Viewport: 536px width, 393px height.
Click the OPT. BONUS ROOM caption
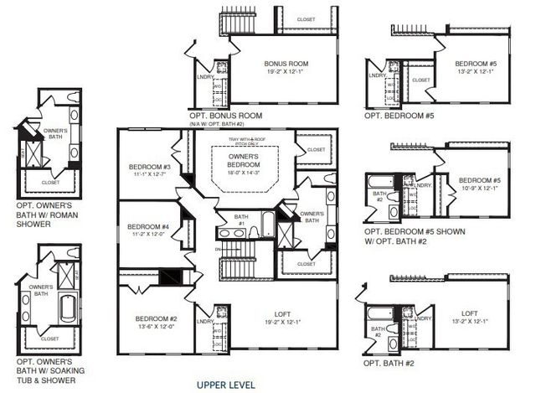(226, 116)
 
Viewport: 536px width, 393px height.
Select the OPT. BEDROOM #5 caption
(400, 116)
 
